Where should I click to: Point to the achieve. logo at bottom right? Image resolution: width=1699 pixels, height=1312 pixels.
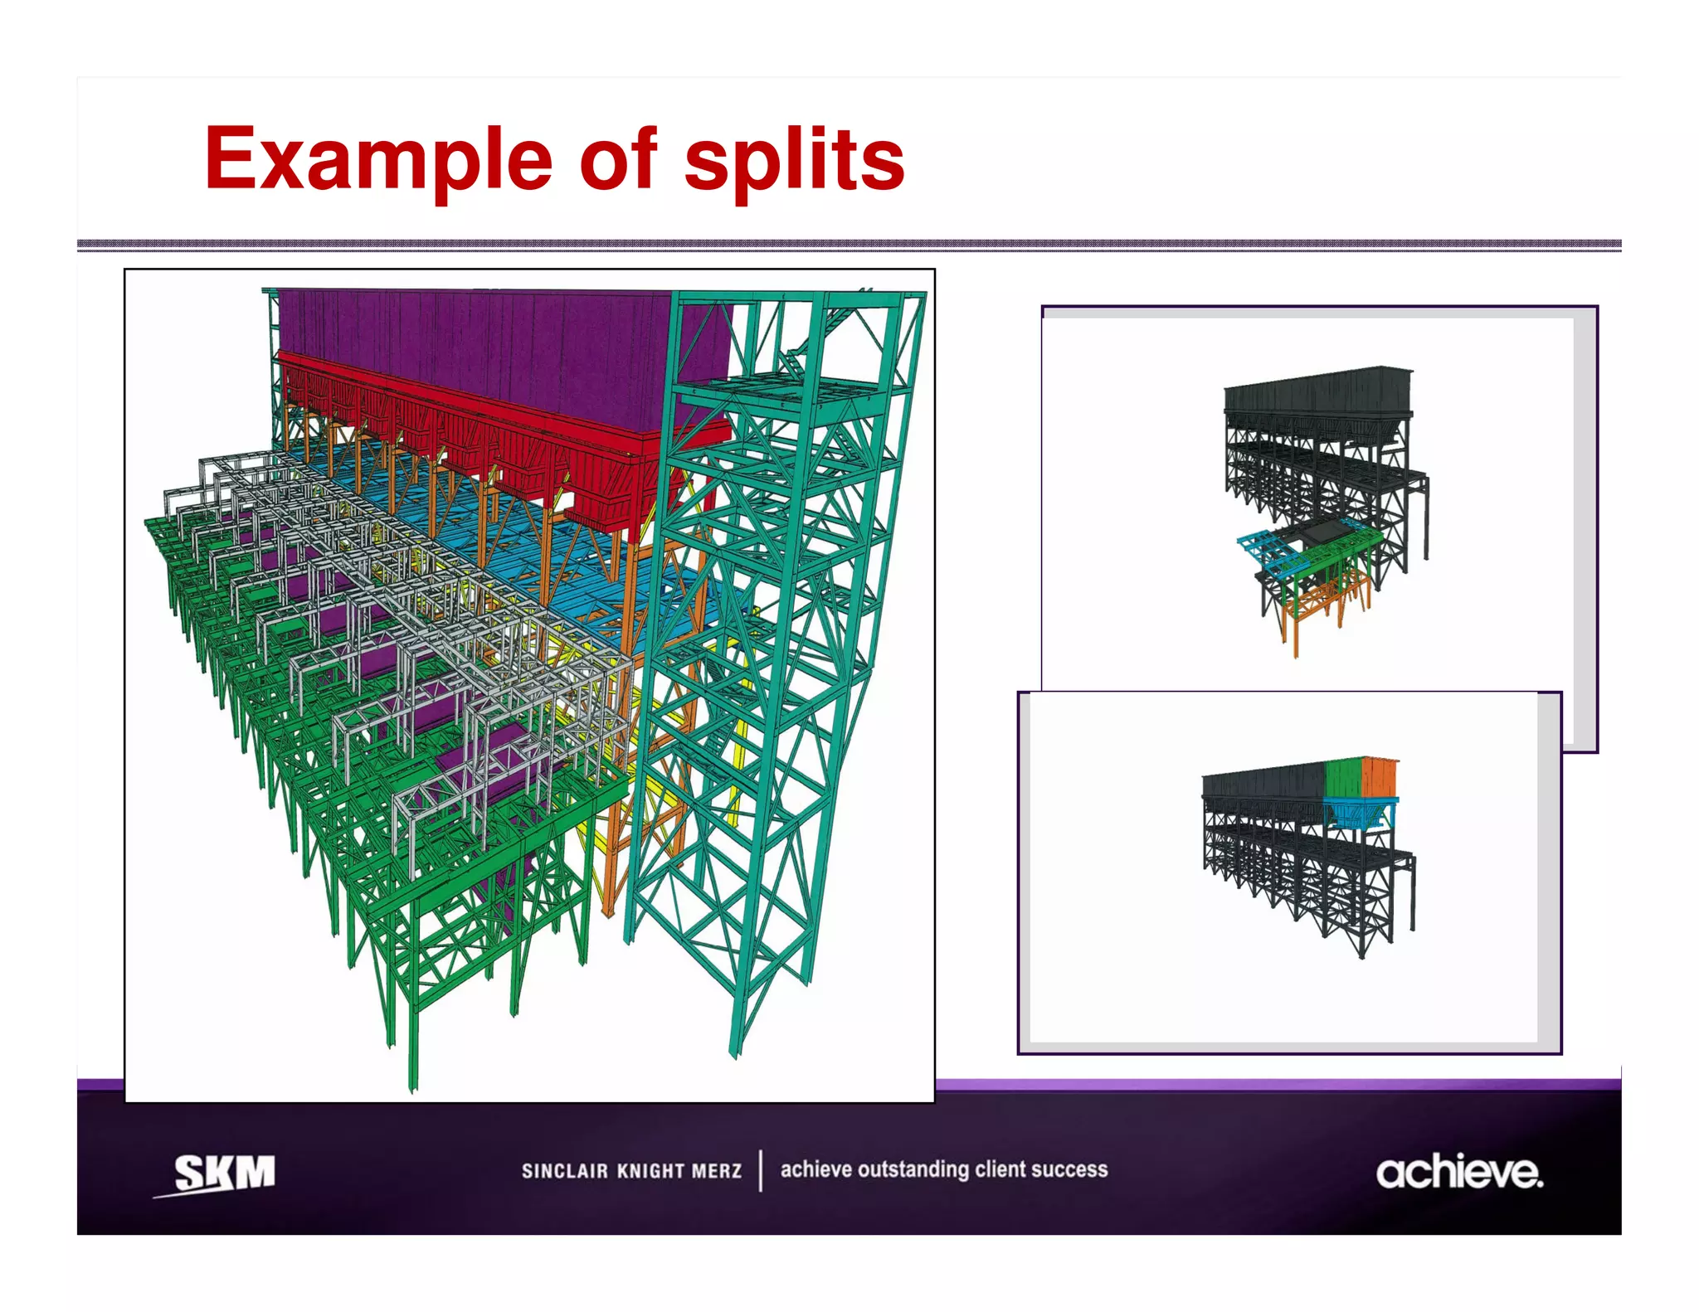click(1459, 1173)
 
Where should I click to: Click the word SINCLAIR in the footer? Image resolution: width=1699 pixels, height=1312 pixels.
click(564, 1171)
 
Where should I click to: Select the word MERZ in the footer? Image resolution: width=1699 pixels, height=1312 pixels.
click(717, 1171)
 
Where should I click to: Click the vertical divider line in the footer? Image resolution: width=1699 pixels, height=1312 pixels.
click(761, 1170)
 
